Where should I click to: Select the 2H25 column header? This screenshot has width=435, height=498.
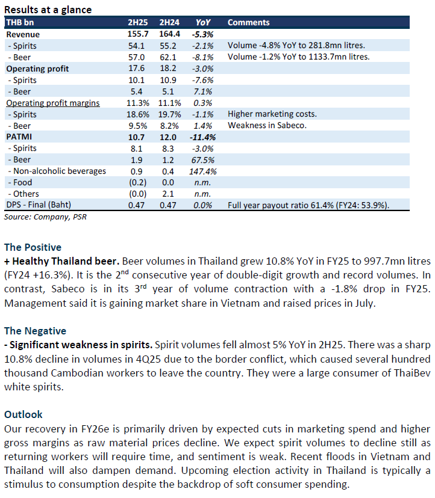point(137,22)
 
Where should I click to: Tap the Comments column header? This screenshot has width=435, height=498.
point(248,22)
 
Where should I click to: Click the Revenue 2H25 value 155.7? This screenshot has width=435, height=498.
point(138,34)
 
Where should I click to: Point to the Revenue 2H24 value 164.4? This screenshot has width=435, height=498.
point(169,34)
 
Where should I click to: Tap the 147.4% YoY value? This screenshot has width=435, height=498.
point(202,171)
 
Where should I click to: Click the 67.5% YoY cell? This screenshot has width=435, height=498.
point(202,159)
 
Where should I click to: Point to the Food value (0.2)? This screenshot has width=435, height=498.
point(137,182)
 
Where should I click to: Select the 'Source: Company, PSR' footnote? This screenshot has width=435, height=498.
point(45,217)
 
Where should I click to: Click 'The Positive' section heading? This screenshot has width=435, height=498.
point(33,247)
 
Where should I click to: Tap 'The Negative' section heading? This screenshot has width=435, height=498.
point(35,331)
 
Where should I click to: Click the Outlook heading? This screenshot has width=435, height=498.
point(24,414)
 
